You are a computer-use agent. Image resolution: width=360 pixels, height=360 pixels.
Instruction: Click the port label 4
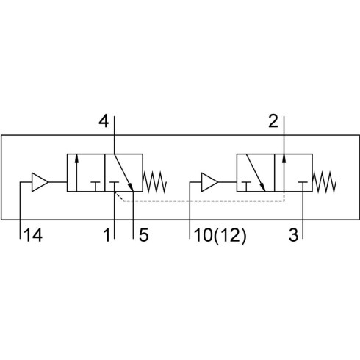coord(104,121)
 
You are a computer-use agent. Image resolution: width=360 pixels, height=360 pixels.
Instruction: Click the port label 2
coord(273,121)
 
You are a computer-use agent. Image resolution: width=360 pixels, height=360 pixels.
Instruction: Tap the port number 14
coord(34,235)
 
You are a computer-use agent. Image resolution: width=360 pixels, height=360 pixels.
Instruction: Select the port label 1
coord(107,235)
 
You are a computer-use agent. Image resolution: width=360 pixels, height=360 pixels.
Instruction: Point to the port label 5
coord(143,235)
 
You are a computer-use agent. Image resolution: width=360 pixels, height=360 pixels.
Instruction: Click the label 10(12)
coord(220,236)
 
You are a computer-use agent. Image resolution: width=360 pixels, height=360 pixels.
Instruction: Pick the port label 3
coord(294,235)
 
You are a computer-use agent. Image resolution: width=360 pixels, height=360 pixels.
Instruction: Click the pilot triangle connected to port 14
coord(40,182)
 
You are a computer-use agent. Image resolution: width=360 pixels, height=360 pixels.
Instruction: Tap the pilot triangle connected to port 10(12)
coord(209,182)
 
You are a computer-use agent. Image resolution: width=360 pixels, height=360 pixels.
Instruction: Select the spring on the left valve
coord(155,182)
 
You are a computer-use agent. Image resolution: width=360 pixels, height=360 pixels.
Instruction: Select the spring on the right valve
coord(324,182)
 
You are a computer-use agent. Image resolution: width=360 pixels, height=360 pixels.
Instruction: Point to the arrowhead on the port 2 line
coord(284,158)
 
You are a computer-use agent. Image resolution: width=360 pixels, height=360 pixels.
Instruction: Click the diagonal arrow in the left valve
coord(123,173)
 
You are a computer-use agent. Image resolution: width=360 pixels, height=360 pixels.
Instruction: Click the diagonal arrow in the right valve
coord(256,173)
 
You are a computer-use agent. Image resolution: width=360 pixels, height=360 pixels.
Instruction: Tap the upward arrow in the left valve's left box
coord(76,173)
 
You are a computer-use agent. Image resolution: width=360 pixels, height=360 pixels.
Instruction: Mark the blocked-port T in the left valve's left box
coord(96,187)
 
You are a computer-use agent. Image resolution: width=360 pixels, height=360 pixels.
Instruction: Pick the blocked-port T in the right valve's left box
coord(246,187)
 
